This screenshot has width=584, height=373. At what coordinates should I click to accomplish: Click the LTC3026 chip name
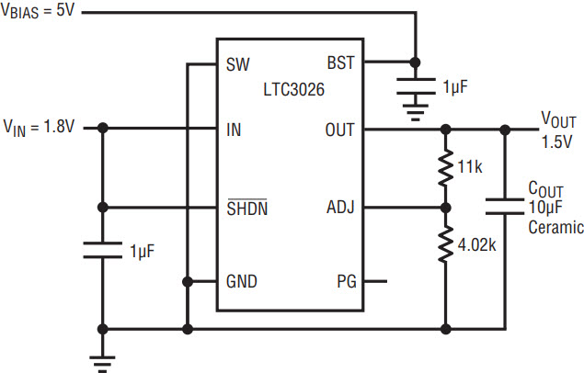pyautogui.click(x=294, y=90)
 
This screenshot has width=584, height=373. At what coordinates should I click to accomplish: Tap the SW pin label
pyautogui.click(x=237, y=64)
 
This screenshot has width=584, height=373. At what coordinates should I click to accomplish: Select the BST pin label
pyautogui.click(x=341, y=62)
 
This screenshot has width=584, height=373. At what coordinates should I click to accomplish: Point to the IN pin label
pyautogui.click(x=234, y=130)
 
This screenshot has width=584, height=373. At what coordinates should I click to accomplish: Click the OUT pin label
pyautogui.click(x=339, y=130)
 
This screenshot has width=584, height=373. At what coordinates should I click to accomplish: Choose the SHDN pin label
pyautogui.click(x=247, y=208)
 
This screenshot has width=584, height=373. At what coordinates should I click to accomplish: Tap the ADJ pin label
pyautogui.click(x=340, y=207)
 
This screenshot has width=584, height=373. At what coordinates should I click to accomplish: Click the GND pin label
pyautogui.click(x=241, y=281)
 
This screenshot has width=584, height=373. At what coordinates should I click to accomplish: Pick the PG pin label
pyautogui.click(x=347, y=281)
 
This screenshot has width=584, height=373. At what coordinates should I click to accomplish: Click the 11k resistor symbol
pyautogui.click(x=445, y=168)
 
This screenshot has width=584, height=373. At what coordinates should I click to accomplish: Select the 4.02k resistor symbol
pyautogui.click(x=445, y=244)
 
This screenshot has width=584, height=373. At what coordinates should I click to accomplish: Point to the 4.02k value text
pyautogui.click(x=476, y=245)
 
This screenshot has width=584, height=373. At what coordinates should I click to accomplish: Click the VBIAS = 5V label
pyautogui.click(x=38, y=10)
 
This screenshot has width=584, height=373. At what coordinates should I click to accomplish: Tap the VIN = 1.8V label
pyautogui.click(x=39, y=128)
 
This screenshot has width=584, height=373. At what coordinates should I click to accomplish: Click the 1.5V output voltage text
pyautogui.click(x=556, y=141)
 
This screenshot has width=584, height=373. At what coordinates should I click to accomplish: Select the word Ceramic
pyautogui.click(x=555, y=227)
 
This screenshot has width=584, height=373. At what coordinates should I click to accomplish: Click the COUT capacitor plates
pyautogui.click(x=505, y=207)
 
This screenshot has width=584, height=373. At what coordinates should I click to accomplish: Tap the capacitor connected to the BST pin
pyautogui.click(x=416, y=86)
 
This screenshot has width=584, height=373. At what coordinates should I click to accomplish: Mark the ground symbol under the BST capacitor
pyautogui.click(x=416, y=112)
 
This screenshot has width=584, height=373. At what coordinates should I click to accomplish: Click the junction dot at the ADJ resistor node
pyautogui.click(x=445, y=208)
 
